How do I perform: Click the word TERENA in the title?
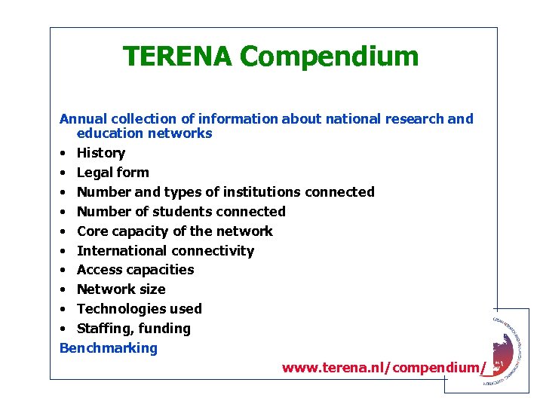click(178, 56)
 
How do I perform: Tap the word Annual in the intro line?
click(84, 119)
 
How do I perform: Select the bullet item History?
click(101, 153)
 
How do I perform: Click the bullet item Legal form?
click(113, 173)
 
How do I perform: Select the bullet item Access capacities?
click(136, 270)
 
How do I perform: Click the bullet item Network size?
click(121, 289)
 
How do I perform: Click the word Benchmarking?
click(109, 348)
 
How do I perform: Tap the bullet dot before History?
click(64, 154)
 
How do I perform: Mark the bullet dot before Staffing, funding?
click(64, 329)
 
